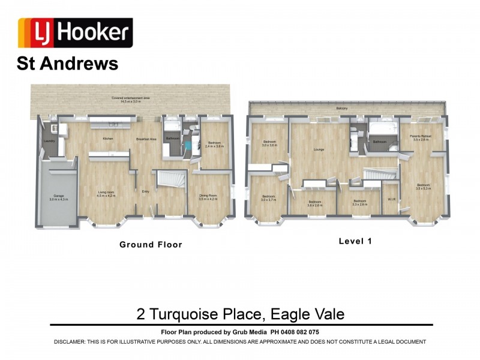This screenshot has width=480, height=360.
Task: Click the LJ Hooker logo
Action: pos(75,32)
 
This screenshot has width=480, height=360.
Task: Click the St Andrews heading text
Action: pos(68,64)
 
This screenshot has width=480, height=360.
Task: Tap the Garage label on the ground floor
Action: pos(59,197)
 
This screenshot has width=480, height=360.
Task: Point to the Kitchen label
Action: pos(107,139)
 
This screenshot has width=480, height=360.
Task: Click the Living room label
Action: pos(106,193)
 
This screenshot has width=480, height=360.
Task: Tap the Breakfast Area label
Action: pos(146,139)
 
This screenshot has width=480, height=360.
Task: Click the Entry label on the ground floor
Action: pos(145,192)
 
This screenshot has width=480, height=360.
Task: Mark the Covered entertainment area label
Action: pos(130,100)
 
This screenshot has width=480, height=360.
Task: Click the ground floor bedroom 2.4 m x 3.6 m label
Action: pos(214,145)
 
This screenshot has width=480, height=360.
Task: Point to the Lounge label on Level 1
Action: pos(319,150)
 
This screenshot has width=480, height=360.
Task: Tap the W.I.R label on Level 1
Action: pos(391,199)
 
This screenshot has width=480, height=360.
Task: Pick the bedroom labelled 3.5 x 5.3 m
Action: pos(423,187)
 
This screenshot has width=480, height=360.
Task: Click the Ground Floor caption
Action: pos(151,244)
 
